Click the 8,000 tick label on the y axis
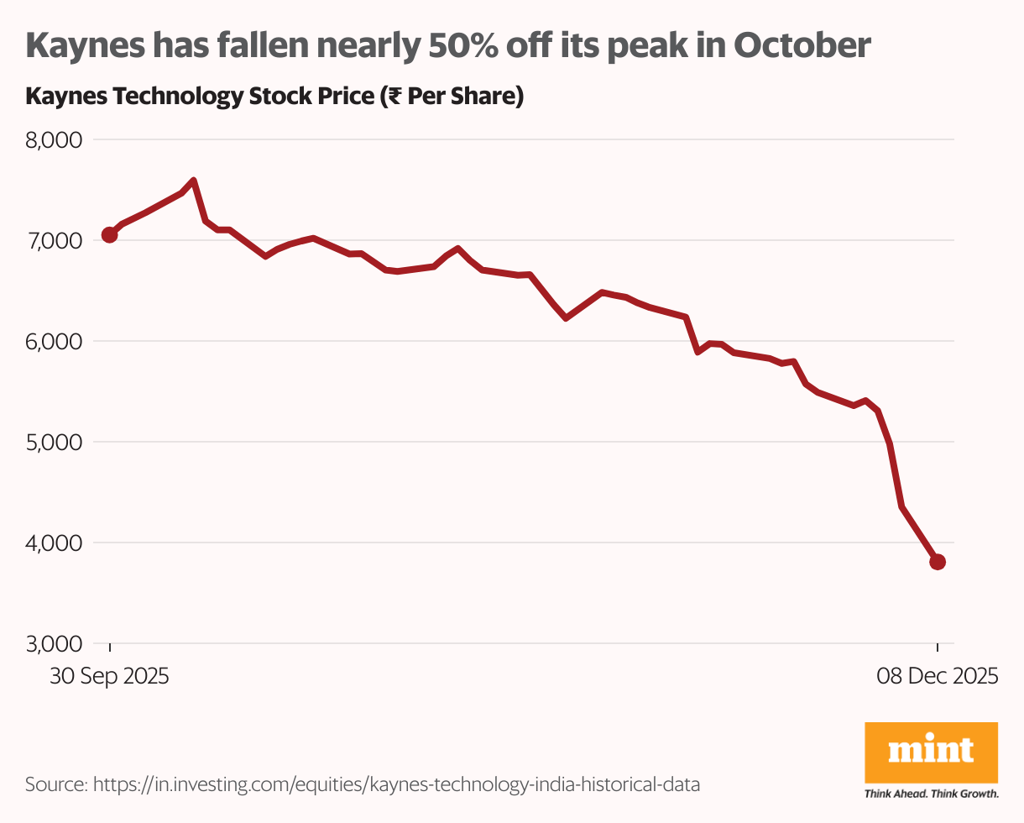[x=54, y=139]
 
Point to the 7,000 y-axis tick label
[x=54, y=240]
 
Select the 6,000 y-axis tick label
[x=54, y=341]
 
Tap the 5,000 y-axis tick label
[x=54, y=442]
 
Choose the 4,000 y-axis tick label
[x=54, y=543]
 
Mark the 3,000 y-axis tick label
[x=54, y=643]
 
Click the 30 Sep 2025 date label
[x=109, y=676]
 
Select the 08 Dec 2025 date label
[x=938, y=676]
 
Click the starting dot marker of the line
[x=109, y=235]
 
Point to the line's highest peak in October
[x=194, y=181]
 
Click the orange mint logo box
[x=931, y=752]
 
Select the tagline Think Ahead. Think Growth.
[x=931, y=793]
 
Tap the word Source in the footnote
[x=55, y=784]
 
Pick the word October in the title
[x=802, y=47]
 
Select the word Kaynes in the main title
[x=79, y=47]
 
